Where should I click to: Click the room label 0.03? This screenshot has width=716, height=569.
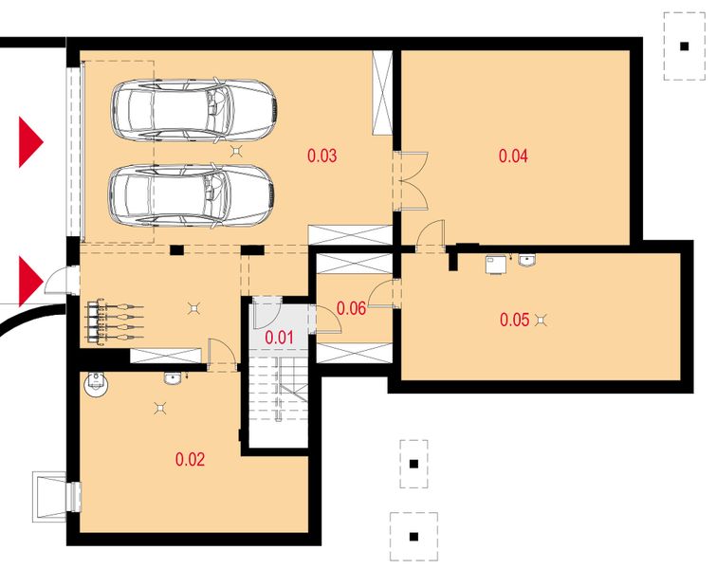tap(321, 156)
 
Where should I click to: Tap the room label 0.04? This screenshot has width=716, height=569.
tap(513, 156)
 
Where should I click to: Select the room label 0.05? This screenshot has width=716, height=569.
tap(515, 320)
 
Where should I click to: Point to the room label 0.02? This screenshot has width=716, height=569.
tap(190, 459)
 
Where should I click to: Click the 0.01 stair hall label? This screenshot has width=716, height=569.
tap(279, 338)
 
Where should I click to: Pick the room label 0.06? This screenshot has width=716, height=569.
tap(351, 308)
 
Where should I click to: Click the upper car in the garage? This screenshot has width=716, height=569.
tap(194, 111)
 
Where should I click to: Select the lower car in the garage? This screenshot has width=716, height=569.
tap(192, 196)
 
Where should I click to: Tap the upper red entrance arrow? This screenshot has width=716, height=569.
tap(30, 142)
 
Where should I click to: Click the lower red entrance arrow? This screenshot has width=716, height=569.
tap(30, 282)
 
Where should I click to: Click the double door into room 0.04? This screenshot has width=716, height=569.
tap(412, 181)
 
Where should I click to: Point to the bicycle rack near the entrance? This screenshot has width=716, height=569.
tap(114, 321)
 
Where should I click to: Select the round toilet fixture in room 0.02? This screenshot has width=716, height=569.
tap(96, 384)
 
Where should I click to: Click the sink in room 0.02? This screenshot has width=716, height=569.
tap(173, 379)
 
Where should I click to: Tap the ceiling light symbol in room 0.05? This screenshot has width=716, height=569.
tap(542, 321)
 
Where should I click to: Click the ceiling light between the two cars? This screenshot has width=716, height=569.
tap(236, 151)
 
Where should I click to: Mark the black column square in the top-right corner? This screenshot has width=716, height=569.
tap(684, 46)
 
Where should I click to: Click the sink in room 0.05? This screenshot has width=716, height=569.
tap(527, 260)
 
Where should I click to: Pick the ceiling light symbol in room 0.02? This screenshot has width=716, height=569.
tap(160, 408)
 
